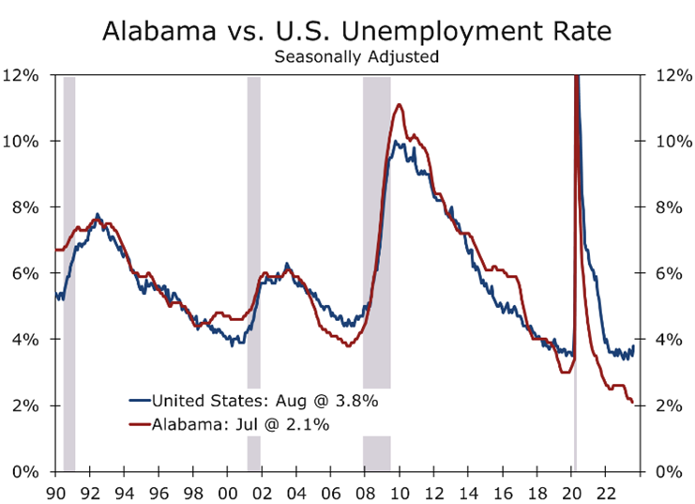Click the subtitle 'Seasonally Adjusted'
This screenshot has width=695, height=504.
[356, 56]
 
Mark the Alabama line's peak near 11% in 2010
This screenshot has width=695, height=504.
[400, 104]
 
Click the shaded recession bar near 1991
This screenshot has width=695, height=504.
[69, 272]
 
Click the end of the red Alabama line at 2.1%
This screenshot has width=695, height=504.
[633, 403]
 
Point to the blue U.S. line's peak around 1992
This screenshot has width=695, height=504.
[98, 215]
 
